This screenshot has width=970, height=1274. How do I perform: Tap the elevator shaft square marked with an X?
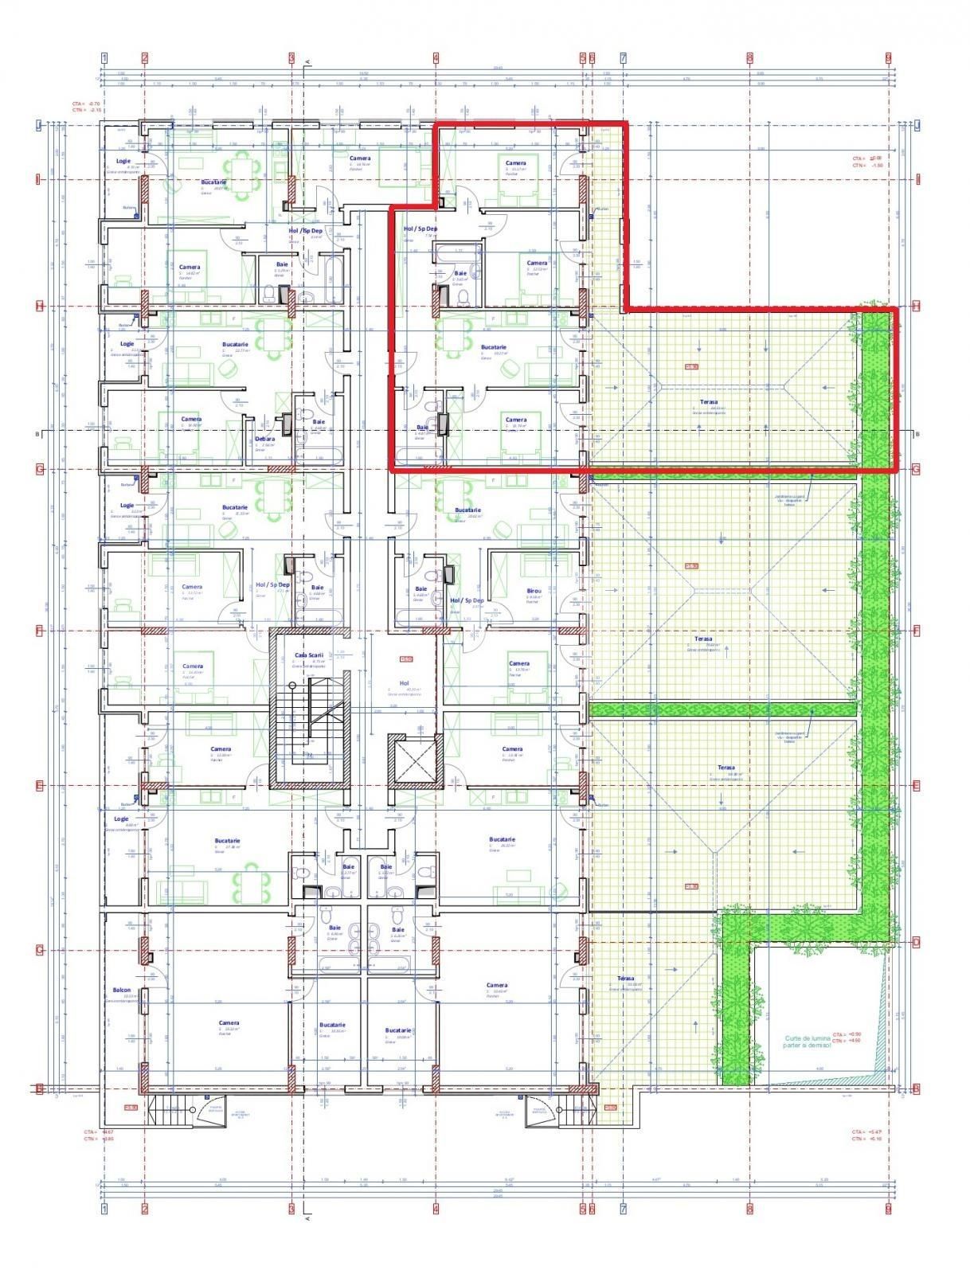[414, 760]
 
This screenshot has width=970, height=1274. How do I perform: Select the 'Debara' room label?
[265, 439]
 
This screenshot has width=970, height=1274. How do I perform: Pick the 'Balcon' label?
[122, 991]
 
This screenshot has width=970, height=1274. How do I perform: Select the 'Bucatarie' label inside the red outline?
[494, 347]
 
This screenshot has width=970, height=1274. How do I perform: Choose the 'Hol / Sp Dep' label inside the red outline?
[420, 229]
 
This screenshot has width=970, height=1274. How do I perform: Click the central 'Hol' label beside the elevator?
[404, 682]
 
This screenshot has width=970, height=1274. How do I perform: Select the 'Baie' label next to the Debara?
[319, 422]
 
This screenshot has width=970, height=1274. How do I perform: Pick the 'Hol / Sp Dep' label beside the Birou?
[467, 600]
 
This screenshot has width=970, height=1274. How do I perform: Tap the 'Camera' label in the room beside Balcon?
[229, 1023]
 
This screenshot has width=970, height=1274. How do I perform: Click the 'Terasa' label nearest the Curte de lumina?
[626, 979]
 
